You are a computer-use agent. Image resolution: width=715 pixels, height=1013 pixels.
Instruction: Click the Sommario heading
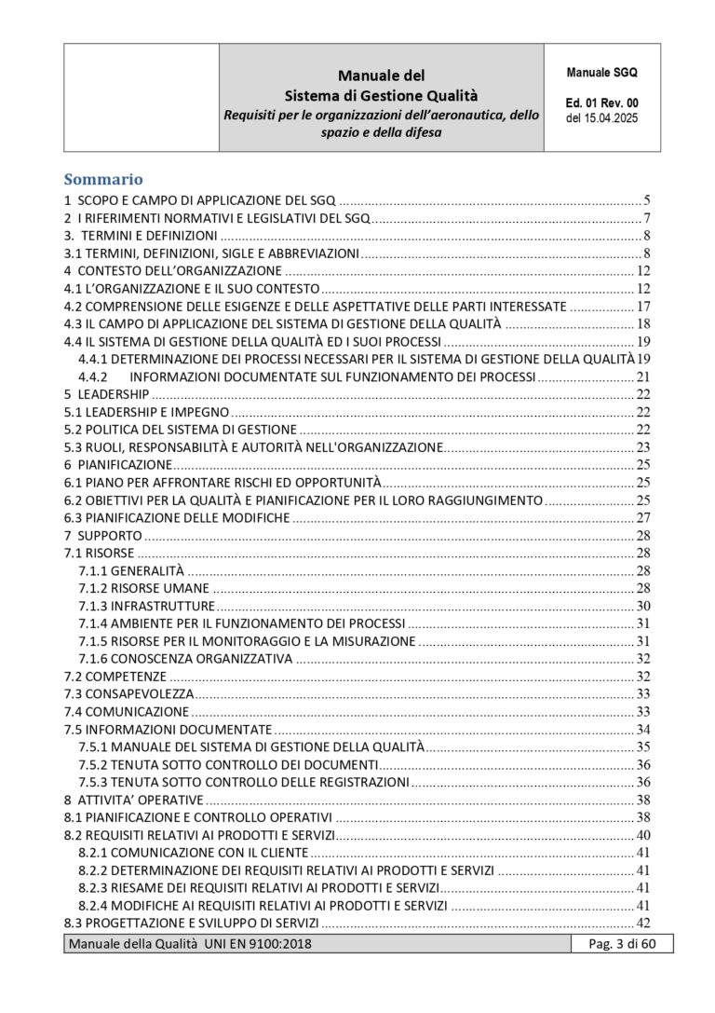(x=102, y=179)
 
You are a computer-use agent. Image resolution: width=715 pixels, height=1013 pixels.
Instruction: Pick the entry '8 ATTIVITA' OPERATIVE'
(x=133, y=800)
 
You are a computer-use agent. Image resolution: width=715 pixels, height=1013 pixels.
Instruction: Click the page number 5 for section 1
(x=646, y=199)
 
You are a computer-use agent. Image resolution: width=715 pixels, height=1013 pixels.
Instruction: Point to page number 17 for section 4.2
(x=642, y=306)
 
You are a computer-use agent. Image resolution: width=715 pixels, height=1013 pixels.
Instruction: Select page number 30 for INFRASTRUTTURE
(x=642, y=606)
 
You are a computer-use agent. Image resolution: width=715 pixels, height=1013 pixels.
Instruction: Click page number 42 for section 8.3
(x=642, y=923)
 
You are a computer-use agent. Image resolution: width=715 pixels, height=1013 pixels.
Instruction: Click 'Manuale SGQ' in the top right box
(x=600, y=72)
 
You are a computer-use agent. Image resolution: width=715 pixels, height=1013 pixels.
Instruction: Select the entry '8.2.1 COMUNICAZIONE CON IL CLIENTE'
(x=193, y=852)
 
